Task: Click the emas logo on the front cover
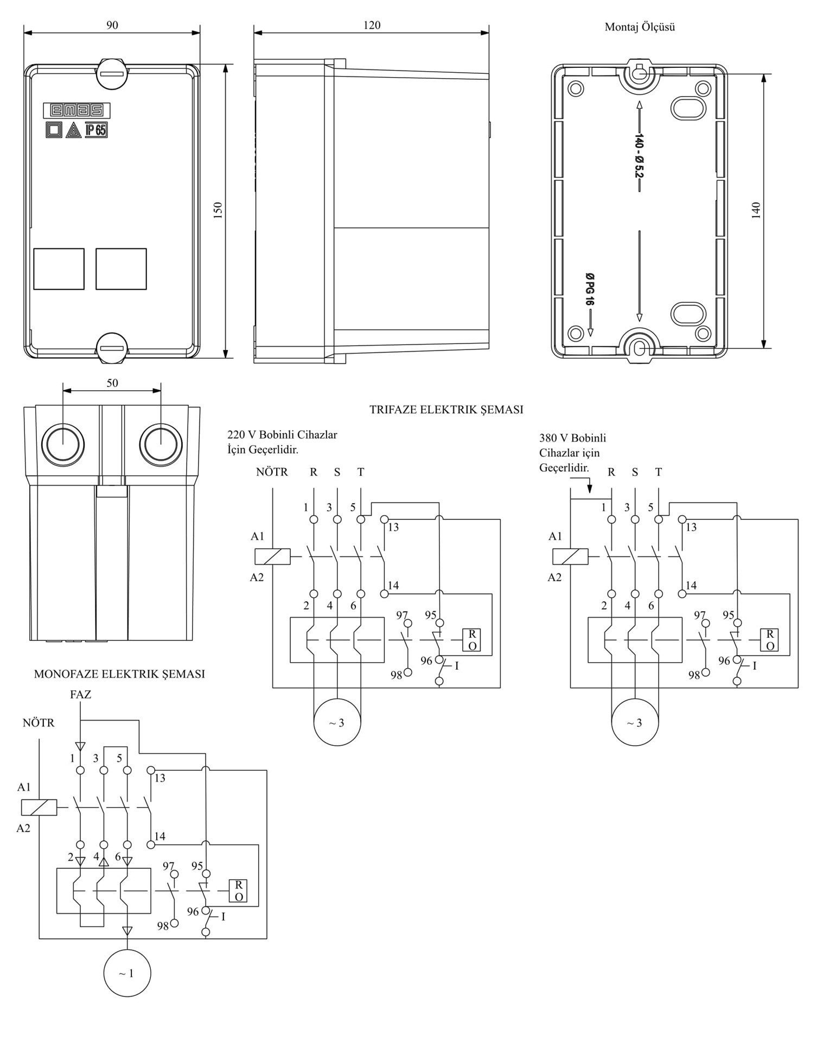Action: point(76,110)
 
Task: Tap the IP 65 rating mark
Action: point(96,130)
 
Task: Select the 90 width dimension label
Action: point(112,25)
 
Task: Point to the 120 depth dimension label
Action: point(372,25)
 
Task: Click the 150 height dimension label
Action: point(218,210)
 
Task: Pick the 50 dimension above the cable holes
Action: point(112,383)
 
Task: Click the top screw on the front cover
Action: point(112,73)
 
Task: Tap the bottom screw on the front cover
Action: point(112,348)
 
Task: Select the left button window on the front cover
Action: point(59,269)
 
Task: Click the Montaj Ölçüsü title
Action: point(640,27)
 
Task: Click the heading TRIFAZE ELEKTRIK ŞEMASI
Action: point(446,410)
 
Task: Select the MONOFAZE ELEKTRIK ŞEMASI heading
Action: point(119,674)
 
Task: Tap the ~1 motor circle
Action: point(127,973)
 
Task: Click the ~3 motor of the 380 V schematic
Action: point(634,722)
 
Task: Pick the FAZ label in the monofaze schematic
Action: point(80,695)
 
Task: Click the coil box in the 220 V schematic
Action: point(272,556)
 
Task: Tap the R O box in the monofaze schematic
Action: point(238,891)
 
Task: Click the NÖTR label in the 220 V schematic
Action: point(272,472)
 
